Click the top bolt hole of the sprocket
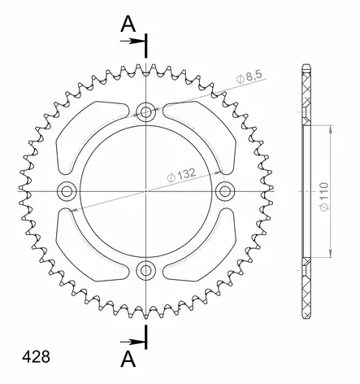(146, 111)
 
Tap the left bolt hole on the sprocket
(67, 190)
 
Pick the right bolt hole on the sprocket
(225, 190)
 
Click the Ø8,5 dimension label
(250, 76)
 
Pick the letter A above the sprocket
(127, 25)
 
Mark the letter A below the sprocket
(128, 358)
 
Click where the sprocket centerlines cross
(146, 190)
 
